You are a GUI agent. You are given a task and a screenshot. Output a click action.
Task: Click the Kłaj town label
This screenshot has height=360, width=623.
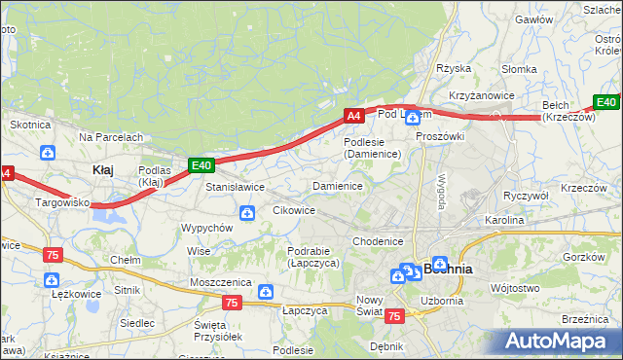click(x=102, y=169)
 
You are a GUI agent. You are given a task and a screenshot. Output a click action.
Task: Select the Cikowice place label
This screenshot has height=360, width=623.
click(x=294, y=210)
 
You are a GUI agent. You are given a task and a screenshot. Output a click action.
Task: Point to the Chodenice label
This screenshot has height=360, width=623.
click(x=378, y=241)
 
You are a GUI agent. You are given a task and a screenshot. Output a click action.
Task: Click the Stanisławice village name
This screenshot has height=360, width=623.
click(x=235, y=186)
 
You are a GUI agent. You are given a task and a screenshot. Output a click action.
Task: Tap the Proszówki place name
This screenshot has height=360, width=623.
click(x=440, y=136)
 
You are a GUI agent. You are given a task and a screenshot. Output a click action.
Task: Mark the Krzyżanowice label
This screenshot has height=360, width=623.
click(x=481, y=95)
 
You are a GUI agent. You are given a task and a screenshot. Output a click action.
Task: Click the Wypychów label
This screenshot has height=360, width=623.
click(x=206, y=228)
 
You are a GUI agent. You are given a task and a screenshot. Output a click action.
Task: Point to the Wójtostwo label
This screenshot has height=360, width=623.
click(x=515, y=288)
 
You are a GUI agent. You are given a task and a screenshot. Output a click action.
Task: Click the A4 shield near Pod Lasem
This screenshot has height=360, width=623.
click(x=354, y=116)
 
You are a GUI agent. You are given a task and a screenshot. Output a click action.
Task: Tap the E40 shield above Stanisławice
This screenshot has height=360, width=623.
click(x=202, y=166)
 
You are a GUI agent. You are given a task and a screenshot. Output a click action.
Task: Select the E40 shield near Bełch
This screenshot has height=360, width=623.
click(x=606, y=102)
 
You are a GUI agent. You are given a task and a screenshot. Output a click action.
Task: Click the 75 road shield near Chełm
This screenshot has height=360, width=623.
click(x=54, y=255)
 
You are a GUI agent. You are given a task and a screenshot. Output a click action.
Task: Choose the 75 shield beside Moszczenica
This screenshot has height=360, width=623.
click(x=231, y=303)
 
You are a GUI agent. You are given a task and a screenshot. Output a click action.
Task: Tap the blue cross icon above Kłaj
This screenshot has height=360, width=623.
click(x=48, y=153)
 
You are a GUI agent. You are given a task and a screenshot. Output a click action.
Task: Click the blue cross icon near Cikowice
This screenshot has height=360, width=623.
click(x=248, y=212)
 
